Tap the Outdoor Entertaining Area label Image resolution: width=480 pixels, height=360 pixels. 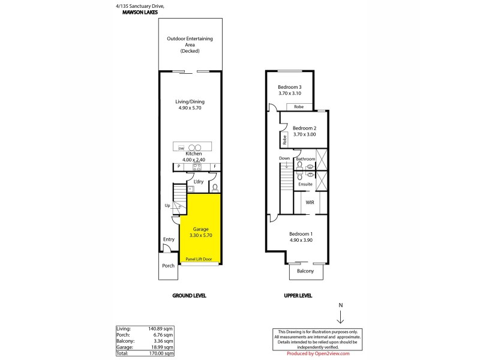point(189,45)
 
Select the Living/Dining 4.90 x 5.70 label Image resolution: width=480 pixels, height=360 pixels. point(189,106)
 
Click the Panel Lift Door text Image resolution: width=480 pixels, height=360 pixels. point(199,259)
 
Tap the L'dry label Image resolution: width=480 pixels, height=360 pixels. point(197,181)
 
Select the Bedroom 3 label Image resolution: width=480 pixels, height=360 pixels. point(290,90)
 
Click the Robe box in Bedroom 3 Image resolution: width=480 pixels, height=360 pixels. point(299,107)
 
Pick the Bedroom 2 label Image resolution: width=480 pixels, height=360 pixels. point(304,131)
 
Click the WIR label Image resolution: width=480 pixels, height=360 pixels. point(310,203)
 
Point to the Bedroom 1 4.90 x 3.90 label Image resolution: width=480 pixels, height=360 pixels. point(301,236)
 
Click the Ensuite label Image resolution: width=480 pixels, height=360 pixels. point(306,184)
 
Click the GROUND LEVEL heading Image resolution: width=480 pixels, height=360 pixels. point(190,296)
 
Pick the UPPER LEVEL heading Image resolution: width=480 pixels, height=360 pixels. point(298,296)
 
